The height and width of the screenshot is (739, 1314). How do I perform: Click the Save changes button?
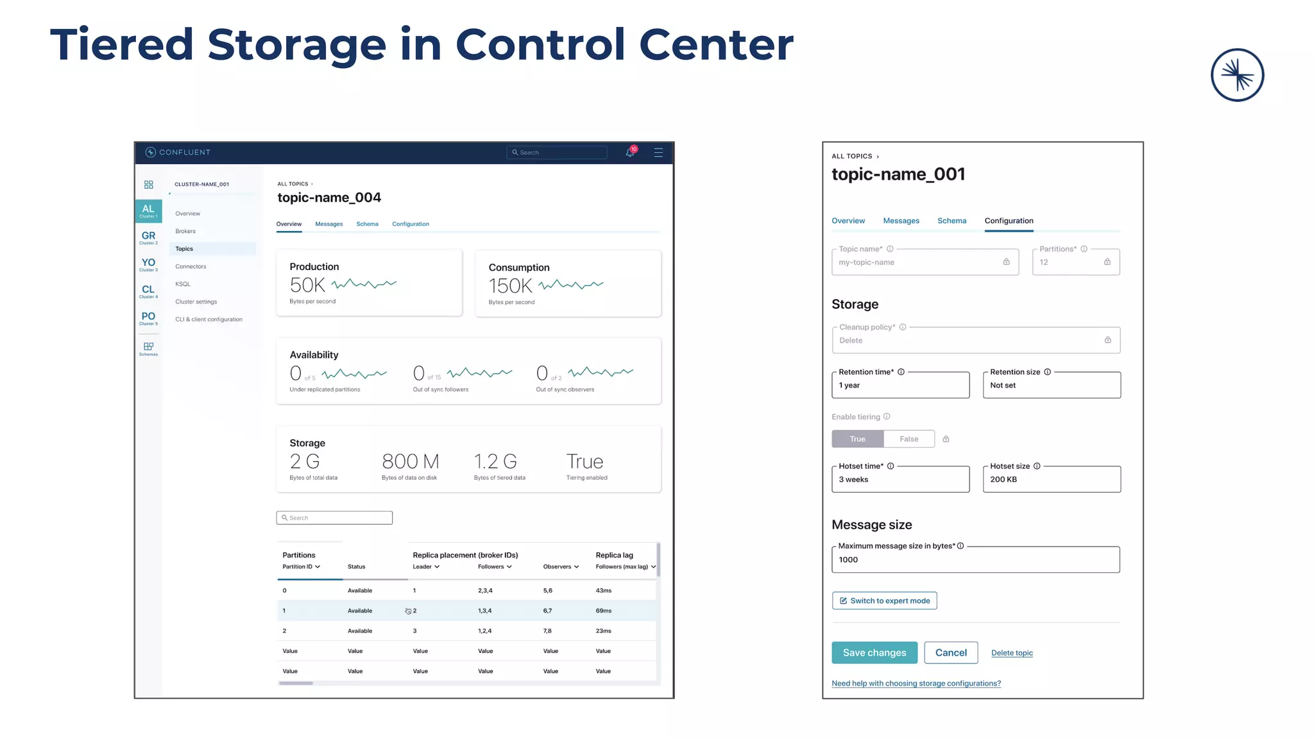point(874,652)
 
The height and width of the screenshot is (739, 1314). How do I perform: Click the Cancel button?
point(950,652)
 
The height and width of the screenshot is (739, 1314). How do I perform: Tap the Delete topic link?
point(1011,653)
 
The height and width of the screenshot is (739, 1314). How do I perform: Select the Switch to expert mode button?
point(884,600)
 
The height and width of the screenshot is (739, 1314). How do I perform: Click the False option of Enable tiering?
point(909,439)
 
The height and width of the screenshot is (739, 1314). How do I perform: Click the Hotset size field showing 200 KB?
point(1051,479)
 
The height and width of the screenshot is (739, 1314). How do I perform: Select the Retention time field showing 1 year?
point(900,385)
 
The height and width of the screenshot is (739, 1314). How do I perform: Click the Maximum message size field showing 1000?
point(975,559)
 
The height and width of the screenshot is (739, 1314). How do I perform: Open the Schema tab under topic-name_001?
point(951,221)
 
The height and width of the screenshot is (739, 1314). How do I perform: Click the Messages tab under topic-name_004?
point(328,224)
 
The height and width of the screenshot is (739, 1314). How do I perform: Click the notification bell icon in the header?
point(630,153)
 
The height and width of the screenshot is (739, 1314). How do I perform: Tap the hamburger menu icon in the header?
point(658,153)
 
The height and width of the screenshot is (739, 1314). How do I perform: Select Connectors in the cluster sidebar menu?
point(191,266)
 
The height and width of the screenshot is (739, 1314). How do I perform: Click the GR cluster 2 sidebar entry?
point(148,237)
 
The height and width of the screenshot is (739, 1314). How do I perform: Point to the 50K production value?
point(307,285)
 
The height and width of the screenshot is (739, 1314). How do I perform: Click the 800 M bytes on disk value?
point(410,461)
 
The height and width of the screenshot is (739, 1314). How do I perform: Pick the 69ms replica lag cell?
point(603,611)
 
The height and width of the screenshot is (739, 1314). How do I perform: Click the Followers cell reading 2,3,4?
point(485,590)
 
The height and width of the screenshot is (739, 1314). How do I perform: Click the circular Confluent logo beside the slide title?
point(1236,75)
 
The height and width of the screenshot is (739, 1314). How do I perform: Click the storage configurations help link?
point(916,683)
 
